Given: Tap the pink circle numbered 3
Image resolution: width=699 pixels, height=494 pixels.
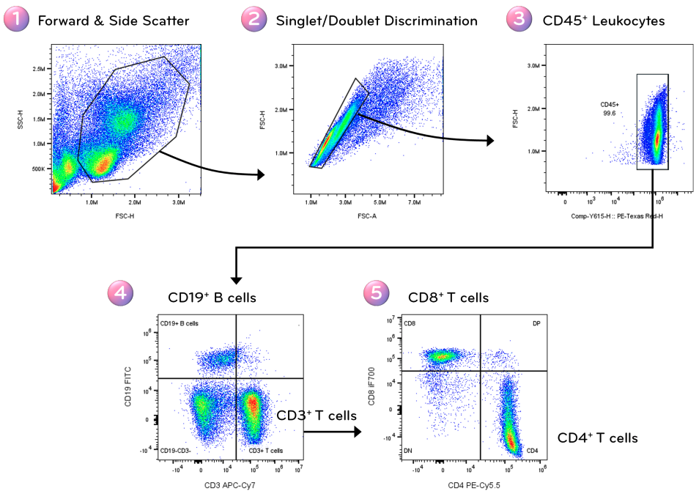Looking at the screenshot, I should (x=519, y=20).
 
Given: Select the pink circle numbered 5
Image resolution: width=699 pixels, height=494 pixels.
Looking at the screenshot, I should (x=377, y=296).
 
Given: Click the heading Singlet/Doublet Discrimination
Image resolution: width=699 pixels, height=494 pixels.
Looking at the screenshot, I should (x=377, y=21).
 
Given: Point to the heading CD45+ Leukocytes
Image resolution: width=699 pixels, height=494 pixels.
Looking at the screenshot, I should (x=604, y=21).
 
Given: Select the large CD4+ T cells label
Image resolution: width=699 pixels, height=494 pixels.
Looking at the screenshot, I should (x=597, y=438).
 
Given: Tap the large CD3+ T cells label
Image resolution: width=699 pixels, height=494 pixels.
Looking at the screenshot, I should (x=317, y=416).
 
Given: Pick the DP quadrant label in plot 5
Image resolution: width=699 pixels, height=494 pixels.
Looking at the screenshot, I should (x=536, y=323).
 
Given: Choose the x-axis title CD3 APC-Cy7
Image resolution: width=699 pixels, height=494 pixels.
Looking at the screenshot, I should (x=229, y=485).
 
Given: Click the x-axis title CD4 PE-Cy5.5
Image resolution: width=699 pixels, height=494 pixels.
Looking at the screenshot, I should (x=473, y=485).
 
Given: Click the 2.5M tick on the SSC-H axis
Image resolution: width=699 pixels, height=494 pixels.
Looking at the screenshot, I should (x=38, y=69).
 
